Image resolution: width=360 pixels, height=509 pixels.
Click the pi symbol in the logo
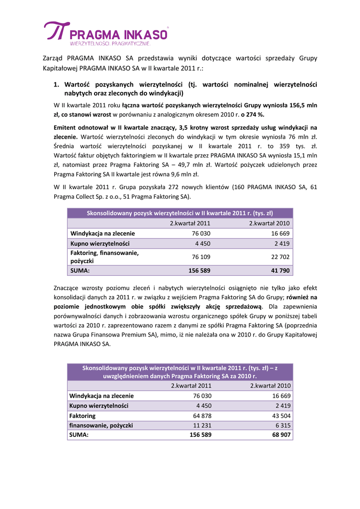coord(55,31)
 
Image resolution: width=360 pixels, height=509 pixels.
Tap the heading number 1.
coord(57,85)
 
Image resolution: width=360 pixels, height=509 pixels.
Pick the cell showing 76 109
coord(201,256)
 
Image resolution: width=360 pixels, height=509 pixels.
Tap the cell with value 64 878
coord(202,416)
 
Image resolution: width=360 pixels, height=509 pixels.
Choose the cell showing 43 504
coord(281,416)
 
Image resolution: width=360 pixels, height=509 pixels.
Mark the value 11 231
coord(202,425)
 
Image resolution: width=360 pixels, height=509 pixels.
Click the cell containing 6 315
coord(282,425)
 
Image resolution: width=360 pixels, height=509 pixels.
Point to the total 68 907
coord(281,435)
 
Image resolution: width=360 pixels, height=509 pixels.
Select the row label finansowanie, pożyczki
coord(101,425)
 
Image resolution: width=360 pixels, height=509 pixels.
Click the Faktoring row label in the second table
coord(83,416)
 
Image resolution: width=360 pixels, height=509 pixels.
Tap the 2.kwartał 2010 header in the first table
coord(269,223)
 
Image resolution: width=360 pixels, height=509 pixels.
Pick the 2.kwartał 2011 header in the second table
coord(191,386)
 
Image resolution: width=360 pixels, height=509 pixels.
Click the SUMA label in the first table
coord(80,271)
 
